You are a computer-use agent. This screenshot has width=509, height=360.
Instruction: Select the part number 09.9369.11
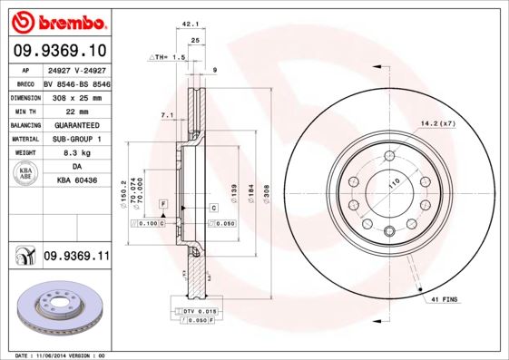[x=76, y=257]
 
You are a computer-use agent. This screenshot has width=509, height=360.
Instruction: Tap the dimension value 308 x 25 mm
[x=77, y=95]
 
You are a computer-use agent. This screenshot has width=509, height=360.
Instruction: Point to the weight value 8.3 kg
[x=77, y=154]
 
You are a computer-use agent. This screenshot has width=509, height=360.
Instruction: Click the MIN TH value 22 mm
[x=77, y=110]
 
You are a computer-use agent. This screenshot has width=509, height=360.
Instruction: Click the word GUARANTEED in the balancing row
[x=77, y=124]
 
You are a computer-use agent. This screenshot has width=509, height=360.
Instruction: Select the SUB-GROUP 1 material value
[x=77, y=139]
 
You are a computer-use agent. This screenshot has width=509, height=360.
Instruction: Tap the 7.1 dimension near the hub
[x=166, y=115]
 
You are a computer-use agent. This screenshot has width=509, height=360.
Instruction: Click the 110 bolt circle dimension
[x=394, y=183]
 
